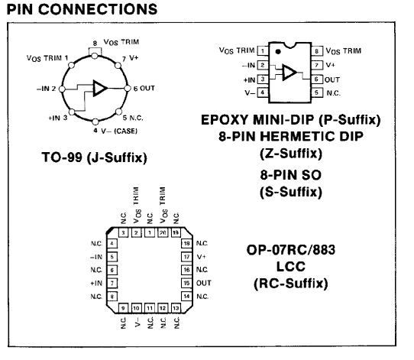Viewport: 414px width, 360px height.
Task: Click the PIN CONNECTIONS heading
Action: coord(82,9)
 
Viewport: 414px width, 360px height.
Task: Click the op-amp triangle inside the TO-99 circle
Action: coord(99,88)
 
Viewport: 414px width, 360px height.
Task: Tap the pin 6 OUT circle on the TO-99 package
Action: coord(128,89)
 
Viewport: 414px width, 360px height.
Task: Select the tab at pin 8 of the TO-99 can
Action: coord(95,51)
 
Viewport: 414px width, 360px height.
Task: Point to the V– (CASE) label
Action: coord(119,131)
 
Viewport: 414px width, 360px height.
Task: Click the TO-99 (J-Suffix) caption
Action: coord(94,157)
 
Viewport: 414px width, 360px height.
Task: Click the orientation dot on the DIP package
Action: coord(278,52)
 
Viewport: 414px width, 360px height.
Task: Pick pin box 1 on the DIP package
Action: coord(263,51)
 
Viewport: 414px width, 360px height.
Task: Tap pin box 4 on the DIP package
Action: coord(263,92)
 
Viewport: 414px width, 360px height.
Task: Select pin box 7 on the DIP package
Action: coord(317,65)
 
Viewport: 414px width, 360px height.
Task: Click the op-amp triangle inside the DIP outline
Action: coord(289,72)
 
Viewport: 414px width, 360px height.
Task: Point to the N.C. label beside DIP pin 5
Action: coord(334,93)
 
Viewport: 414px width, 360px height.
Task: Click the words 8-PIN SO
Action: coord(291,175)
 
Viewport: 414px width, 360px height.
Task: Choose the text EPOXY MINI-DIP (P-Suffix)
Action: coord(291,120)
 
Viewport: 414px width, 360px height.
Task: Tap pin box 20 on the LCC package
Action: coord(163,232)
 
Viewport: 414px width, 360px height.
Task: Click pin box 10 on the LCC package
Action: coord(136,308)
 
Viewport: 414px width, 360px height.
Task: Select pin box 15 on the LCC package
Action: coord(186,283)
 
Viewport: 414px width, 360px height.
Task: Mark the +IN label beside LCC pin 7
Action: coord(96,283)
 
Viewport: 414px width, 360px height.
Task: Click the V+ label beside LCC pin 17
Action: coord(202,257)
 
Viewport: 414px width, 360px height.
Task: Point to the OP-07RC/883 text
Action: coord(291,250)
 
